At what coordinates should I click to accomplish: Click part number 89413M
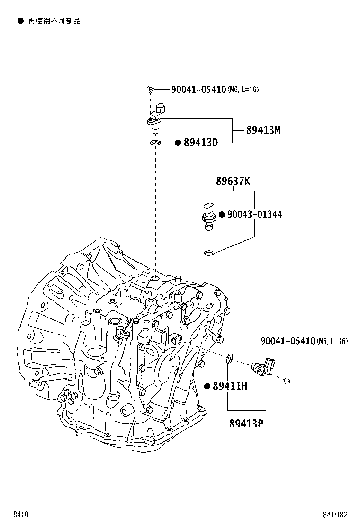click(x=263, y=130)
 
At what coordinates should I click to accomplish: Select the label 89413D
click(x=201, y=143)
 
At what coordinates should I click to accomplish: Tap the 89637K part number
click(x=233, y=181)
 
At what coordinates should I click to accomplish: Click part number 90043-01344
click(x=254, y=214)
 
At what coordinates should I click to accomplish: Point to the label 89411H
click(x=230, y=386)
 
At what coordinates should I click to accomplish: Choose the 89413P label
click(x=246, y=424)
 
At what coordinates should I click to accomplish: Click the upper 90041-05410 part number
click(x=198, y=90)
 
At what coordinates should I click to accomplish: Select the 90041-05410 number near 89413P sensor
click(x=288, y=341)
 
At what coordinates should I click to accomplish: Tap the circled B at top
click(x=151, y=90)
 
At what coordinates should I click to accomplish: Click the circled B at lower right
click(x=288, y=381)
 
